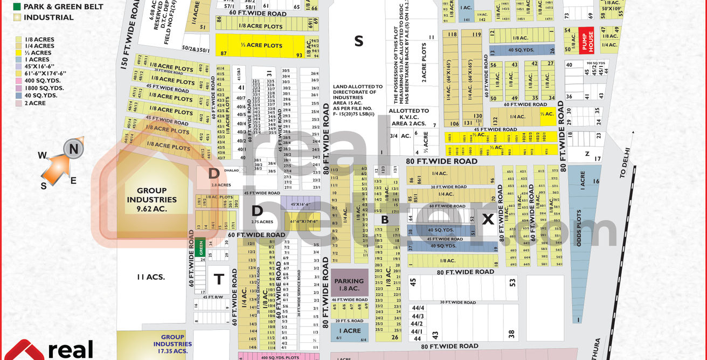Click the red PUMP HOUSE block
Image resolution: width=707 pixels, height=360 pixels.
[586, 40]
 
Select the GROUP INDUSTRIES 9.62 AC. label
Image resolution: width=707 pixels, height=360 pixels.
[151, 199]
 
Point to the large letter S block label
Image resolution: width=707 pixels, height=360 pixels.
[358, 41]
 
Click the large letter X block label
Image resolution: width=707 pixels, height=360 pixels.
[488, 219]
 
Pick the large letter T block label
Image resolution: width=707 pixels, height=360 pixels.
[219, 279]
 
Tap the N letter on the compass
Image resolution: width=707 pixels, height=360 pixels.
[74, 149]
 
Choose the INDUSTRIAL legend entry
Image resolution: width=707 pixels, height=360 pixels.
[48, 17]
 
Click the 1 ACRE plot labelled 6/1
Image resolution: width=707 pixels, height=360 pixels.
[349, 331]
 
